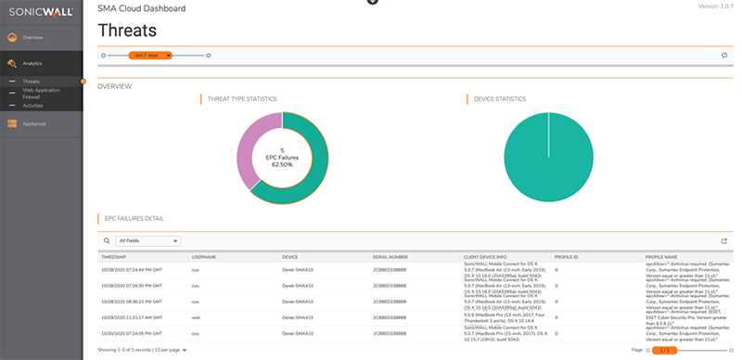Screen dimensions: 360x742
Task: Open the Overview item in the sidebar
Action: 32,37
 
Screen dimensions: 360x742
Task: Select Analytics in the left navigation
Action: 32,64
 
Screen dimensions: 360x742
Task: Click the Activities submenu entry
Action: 32,106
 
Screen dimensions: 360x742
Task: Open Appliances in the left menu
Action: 35,123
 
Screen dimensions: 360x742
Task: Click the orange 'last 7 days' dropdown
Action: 150,56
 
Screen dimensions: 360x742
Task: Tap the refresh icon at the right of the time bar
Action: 723,56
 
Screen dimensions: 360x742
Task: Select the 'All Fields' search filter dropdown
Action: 147,240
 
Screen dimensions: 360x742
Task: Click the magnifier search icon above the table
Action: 107,240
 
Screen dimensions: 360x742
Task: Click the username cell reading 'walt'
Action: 196,316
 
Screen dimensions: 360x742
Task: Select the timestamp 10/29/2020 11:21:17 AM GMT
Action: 132,316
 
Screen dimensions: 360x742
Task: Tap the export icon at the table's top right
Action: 723,240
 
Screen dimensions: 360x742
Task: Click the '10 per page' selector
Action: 169,350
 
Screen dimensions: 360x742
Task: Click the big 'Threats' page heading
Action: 127,31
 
